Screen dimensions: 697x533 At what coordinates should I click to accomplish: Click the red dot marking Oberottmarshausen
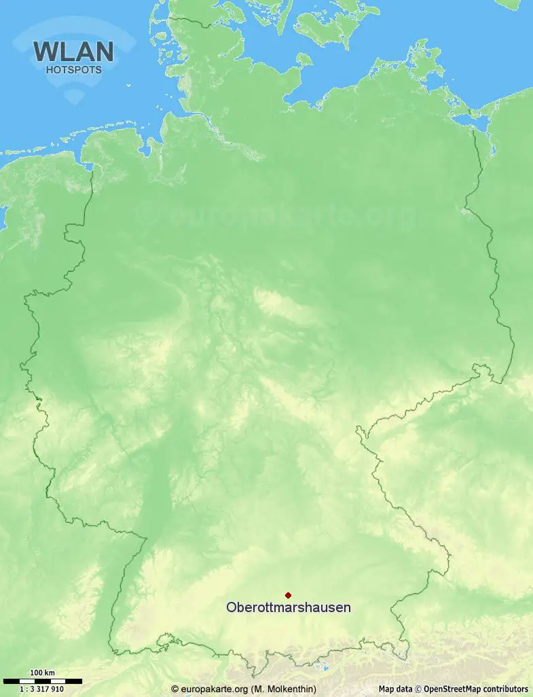click(288, 595)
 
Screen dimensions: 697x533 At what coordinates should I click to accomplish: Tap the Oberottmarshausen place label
click(289, 607)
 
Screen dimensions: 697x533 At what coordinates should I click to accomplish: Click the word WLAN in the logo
click(73, 52)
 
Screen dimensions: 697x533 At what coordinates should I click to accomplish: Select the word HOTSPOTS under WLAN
click(73, 69)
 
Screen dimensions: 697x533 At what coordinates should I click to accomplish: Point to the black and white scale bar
click(42, 681)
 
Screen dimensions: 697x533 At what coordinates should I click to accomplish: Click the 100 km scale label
click(42, 673)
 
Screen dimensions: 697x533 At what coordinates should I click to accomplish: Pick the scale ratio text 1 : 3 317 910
click(42, 689)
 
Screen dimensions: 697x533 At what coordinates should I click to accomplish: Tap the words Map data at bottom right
click(396, 689)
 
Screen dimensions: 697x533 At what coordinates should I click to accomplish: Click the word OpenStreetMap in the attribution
click(453, 689)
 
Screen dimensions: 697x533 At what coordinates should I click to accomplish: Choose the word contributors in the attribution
click(506, 689)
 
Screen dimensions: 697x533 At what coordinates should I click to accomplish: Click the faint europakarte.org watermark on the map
click(285, 216)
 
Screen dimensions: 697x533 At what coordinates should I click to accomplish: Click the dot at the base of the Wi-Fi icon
click(73, 99)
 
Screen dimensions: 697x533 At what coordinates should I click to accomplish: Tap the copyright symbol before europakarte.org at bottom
click(175, 689)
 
